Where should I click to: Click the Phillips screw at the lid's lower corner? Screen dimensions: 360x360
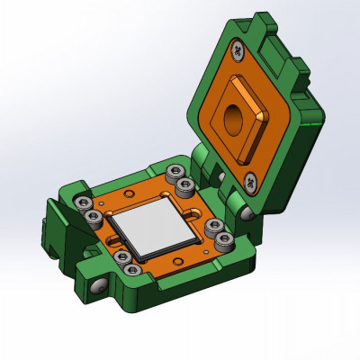247,184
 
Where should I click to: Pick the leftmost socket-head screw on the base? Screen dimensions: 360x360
84,202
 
